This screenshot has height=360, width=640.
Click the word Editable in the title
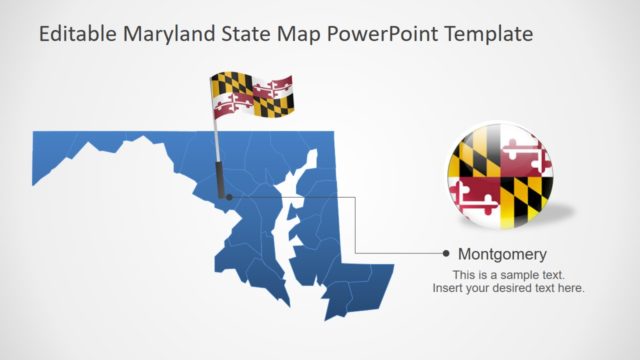click(x=77, y=34)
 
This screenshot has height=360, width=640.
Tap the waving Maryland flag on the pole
click(x=250, y=94)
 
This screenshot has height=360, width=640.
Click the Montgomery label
click(x=502, y=254)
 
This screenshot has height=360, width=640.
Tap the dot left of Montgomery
click(x=446, y=254)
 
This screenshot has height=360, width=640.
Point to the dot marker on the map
click(x=229, y=197)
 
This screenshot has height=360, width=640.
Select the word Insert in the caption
click(x=448, y=288)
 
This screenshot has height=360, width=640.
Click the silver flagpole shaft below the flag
click(x=217, y=140)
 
